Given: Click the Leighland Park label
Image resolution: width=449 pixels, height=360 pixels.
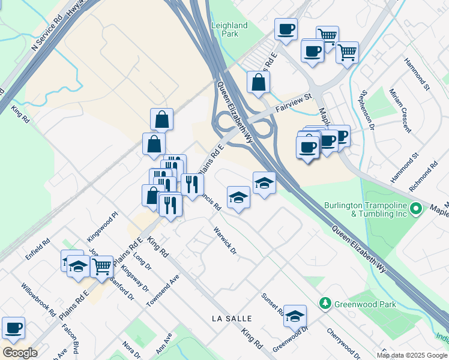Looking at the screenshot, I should click(229, 29).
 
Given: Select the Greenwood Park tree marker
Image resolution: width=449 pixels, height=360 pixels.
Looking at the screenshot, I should click(325, 304).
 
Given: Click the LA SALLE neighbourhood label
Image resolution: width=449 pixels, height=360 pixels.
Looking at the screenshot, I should click(231, 318).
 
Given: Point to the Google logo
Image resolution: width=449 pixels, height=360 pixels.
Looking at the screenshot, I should click(20, 352).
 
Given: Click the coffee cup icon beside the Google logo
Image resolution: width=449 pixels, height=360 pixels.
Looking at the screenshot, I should click(13, 328).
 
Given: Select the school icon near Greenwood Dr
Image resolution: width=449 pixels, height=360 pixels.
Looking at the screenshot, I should click(295, 316).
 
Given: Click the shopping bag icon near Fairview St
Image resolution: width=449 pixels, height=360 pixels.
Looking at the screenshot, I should click(258, 83).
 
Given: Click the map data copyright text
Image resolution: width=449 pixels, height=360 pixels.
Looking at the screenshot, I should click(412, 355).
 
